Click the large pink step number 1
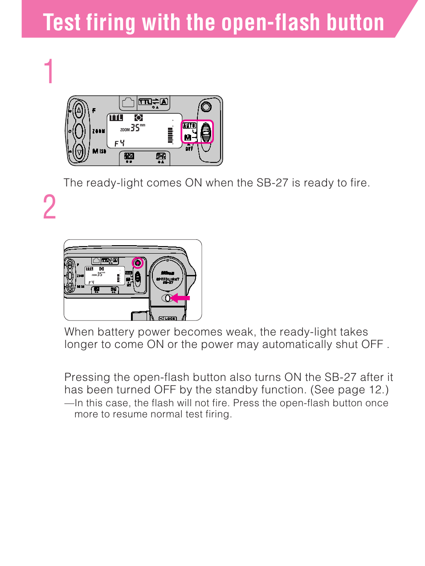pyautogui.click(x=49, y=72)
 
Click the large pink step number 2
pyautogui.click(x=49, y=207)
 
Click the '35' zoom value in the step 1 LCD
pyautogui.click(x=135, y=128)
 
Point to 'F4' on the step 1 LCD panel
pyautogui.click(x=119, y=143)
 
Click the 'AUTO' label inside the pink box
pyautogui.click(x=189, y=126)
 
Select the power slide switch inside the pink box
pyautogui.click(x=206, y=133)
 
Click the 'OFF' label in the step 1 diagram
pyautogui.click(x=189, y=149)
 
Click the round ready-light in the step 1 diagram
pyautogui.click(x=206, y=107)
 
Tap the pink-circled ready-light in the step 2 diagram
pyautogui.click(x=138, y=263)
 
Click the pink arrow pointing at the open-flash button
pyautogui.click(x=181, y=298)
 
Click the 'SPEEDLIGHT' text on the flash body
pyautogui.click(x=168, y=279)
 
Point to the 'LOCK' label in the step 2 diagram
pyautogui.click(x=170, y=319)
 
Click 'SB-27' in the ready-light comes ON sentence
pyautogui.click(x=272, y=183)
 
